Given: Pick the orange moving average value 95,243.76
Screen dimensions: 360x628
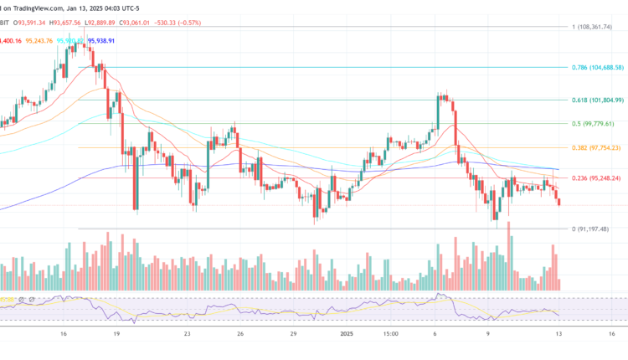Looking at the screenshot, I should click(x=39, y=40).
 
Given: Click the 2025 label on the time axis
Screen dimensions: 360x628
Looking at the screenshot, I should click(x=345, y=333).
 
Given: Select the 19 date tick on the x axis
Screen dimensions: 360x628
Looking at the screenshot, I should click(x=116, y=333).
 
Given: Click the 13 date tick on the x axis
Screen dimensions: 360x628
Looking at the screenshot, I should click(x=559, y=333).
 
